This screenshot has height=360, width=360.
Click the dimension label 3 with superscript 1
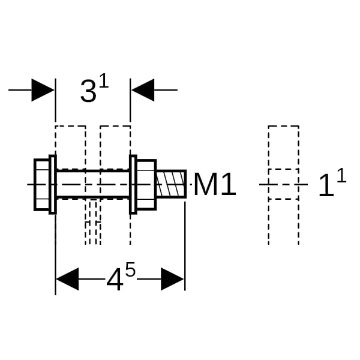point(94,88)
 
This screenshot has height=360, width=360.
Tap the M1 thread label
point(215,184)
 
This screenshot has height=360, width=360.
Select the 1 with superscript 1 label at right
point(332,183)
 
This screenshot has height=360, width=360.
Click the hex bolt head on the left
point(41,185)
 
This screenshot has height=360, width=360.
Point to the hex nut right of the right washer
point(147,185)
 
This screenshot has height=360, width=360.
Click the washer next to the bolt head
point(53,185)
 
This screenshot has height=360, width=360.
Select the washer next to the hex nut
point(133,185)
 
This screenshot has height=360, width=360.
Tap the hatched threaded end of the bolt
point(171,184)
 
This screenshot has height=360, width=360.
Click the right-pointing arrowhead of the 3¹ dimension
point(43,90)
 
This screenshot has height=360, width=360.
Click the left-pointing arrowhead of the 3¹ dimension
point(143,90)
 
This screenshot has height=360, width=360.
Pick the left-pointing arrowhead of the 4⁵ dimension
point(67,279)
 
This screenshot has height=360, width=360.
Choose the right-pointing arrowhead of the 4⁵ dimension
point(172,279)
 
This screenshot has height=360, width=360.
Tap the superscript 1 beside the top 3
point(104,80)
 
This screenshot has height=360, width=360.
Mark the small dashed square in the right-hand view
point(284,184)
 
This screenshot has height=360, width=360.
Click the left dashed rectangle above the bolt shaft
point(70,148)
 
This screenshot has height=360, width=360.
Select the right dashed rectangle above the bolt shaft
point(115,148)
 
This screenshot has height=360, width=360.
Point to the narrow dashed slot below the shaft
point(93,222)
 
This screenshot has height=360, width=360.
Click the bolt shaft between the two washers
point(93,184)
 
